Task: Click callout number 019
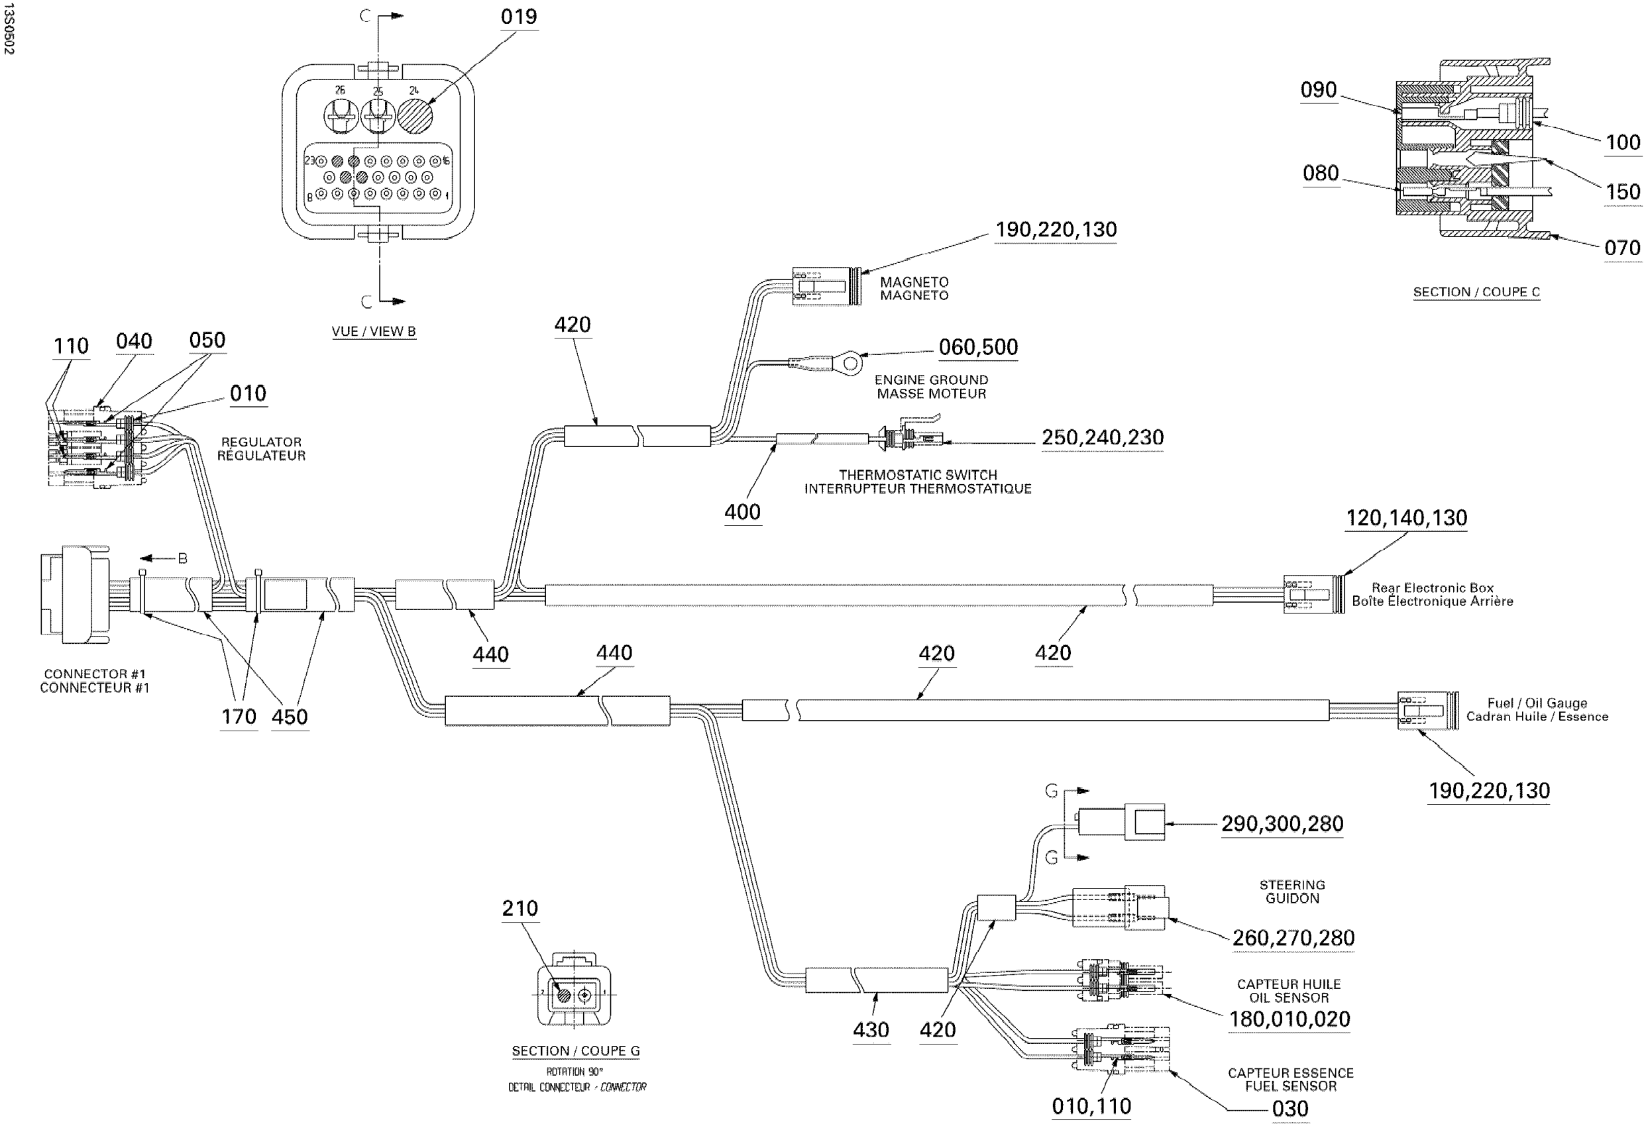(x=518, y=17)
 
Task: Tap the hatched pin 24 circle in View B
(x=414, y=115)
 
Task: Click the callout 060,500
(x=978, y=348)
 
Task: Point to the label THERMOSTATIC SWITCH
(x=917, y=475)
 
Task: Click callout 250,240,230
(x=1102, y=438)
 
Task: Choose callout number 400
(x=741, y=512)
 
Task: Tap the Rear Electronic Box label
(x=1432, y=588)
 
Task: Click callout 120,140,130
(x=1406, y=519)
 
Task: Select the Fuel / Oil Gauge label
(x=1536, y=703)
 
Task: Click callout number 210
(x=520, y=909)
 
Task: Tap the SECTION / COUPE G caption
(x=575, y=1051)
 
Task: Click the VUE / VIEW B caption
(x=373, y=331)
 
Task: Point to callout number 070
(x=1622, y=248)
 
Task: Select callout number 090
(x=1318, y=90)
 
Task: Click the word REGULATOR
(x=260, y=442)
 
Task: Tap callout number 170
(x=239, y=717)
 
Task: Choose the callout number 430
(x=871, y=1030)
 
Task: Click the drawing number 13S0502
(x=9, y=28)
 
